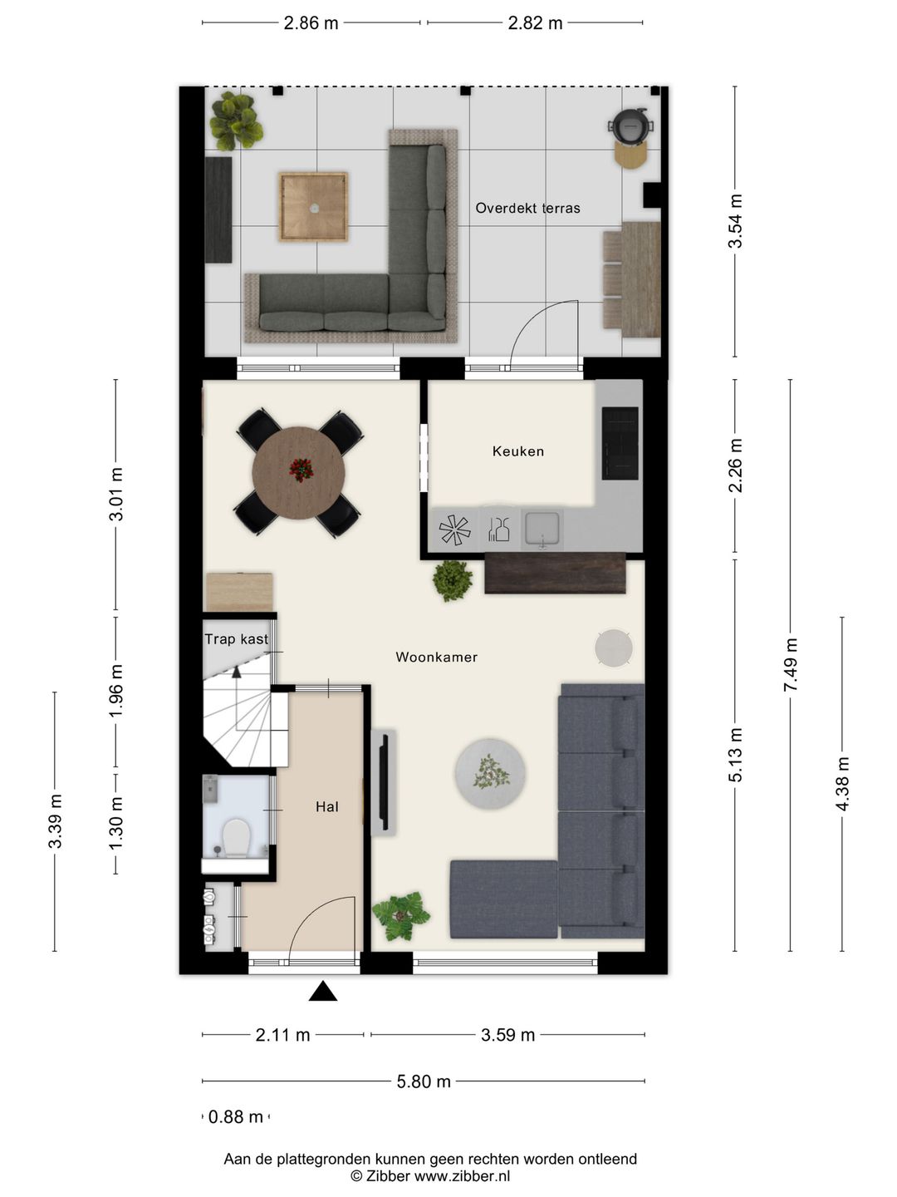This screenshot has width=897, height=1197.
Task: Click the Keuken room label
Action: [x=518, y=451]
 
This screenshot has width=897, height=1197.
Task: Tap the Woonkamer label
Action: [x=437, y=658]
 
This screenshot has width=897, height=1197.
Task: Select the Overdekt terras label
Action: [x=527, y=208]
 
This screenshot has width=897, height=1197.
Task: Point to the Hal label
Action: [x=326, y=806]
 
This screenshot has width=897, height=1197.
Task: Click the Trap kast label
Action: [x=237, y=638]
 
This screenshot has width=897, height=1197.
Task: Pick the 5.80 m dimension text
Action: [x=424, y=1081]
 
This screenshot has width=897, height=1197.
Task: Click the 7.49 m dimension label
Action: [x=790, y=665]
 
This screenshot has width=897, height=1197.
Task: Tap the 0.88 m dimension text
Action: [x=236, y=1117]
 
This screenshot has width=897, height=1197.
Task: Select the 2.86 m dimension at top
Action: [x=311, y=23]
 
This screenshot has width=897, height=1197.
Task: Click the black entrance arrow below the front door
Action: [x=323, y=991]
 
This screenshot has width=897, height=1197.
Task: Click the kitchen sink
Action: [x=542, y=529]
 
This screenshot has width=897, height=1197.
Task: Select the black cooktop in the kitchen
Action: [x=620, y=443]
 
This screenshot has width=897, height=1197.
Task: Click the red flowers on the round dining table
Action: [x=301, y=470]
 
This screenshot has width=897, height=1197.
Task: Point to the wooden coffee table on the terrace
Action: [x=314, y=207]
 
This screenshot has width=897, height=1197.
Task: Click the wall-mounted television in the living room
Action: [x=384, y=781]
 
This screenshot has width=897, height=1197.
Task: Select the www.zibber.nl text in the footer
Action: [x=463, y=1175]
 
